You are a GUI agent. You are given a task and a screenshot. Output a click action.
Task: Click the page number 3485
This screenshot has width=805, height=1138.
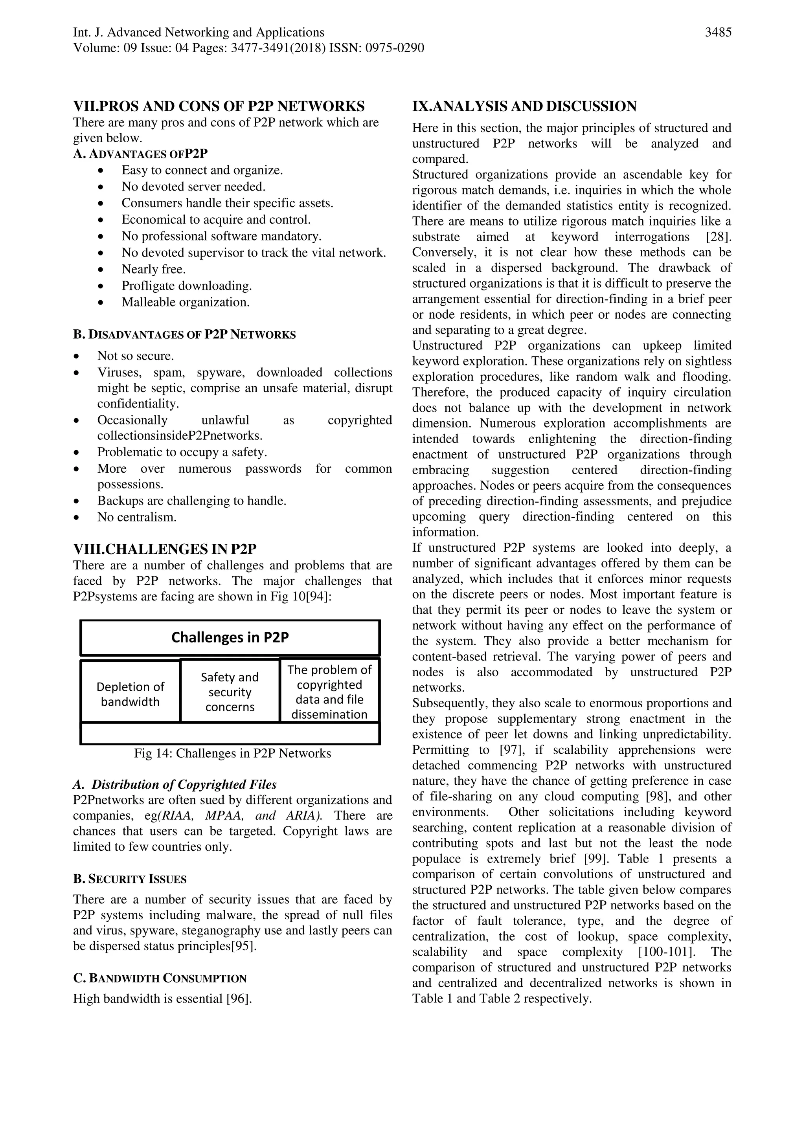tap(718, 33)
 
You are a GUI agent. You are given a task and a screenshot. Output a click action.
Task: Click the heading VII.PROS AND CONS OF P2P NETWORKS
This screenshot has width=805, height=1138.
tap(219, 106)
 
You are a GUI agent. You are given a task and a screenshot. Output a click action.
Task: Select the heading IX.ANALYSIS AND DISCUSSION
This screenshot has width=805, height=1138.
tap(524, 106)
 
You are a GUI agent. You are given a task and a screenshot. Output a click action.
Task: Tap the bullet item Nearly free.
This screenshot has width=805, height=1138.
tap(154, 270)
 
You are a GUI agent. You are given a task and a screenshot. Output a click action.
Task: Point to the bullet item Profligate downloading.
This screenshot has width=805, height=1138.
tap(187, 286)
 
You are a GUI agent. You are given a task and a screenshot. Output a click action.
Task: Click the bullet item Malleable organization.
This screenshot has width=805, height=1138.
tap(186, 302)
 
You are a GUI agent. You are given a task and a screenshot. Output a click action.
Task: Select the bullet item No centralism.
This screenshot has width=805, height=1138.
tap(137, 518)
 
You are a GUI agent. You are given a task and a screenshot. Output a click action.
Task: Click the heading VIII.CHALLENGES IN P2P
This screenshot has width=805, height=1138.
tap(165, 550)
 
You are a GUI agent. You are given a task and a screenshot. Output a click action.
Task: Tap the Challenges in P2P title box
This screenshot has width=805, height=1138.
tap(230, 637)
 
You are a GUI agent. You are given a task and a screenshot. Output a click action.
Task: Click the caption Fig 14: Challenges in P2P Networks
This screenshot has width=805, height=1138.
tap(232, 753)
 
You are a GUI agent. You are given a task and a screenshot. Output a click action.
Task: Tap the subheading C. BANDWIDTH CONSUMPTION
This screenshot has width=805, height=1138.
tap(160, 979)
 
